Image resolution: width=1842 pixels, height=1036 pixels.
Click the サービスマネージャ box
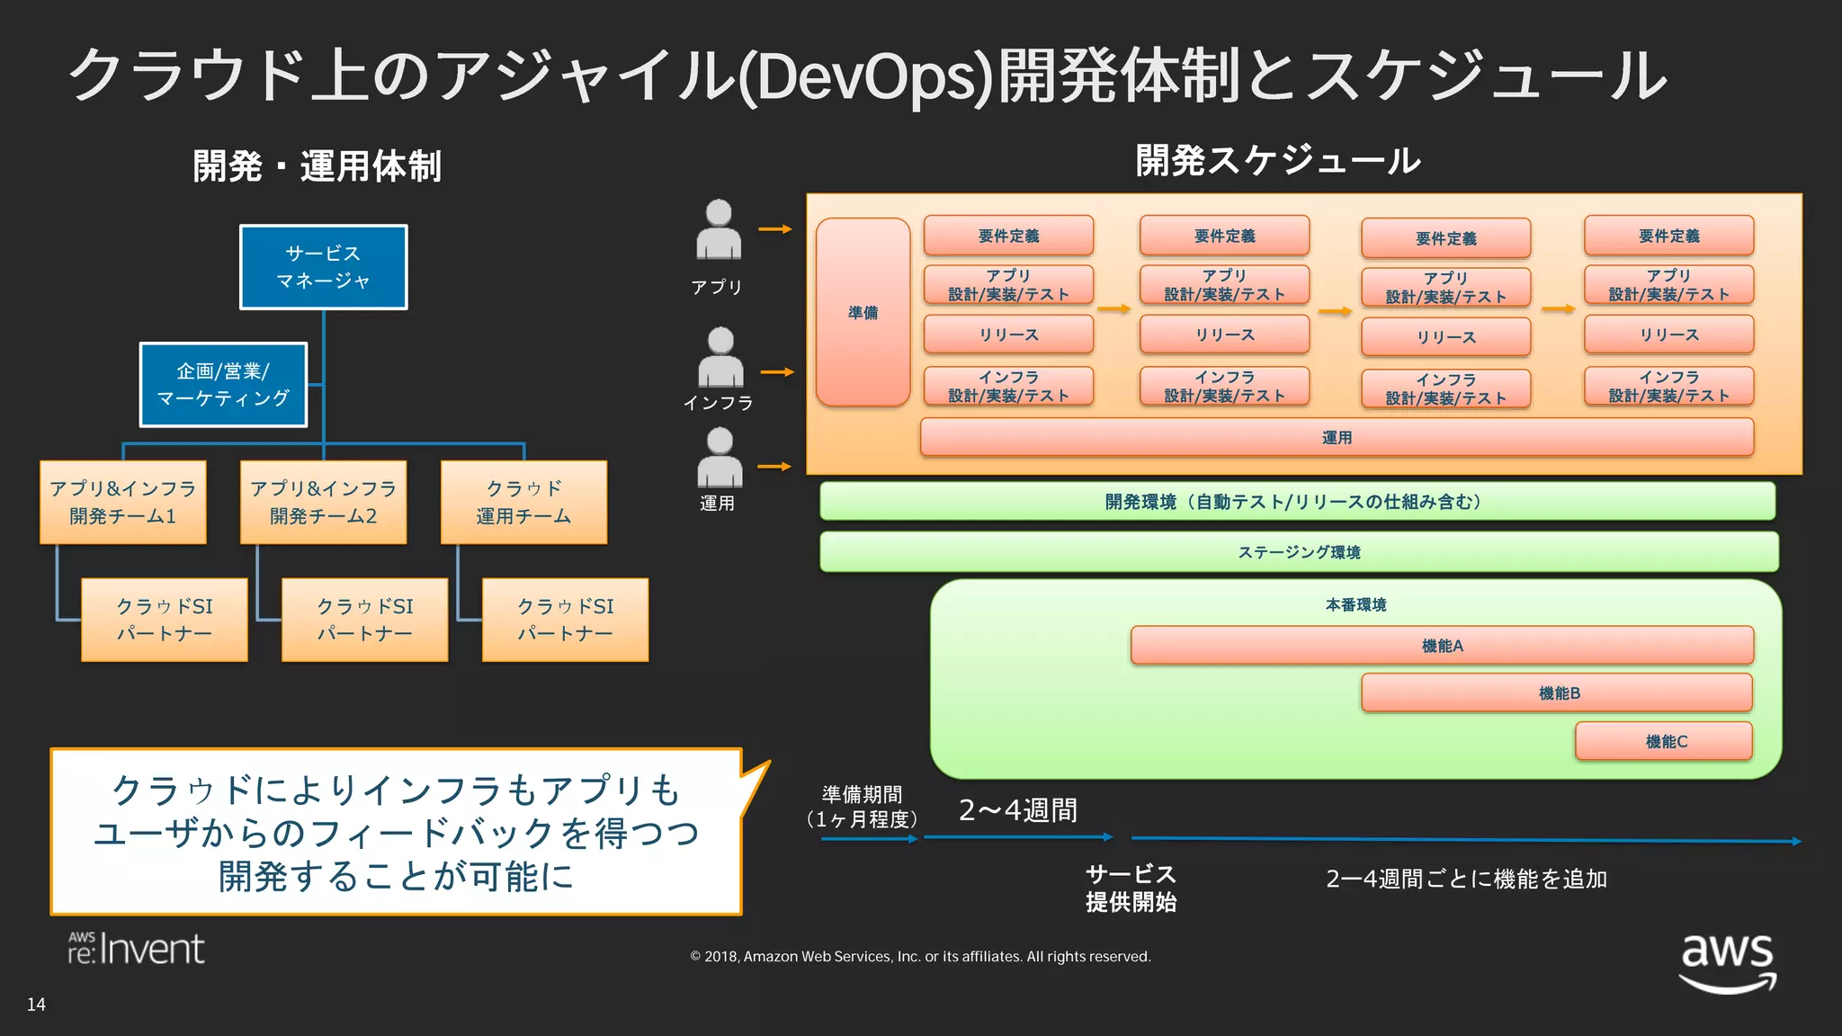click(x=323, y=267)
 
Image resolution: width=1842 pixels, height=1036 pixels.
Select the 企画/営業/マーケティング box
click(x=223, y=384)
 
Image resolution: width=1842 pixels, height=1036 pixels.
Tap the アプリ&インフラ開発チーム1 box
click(x=123, y=502)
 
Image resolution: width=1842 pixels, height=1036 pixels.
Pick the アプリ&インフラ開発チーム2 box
click(x=323, y=502)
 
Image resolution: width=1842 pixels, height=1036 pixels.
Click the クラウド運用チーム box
click(x=523, y=502)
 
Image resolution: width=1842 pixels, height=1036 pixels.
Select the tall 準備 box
click(x=863, y=312)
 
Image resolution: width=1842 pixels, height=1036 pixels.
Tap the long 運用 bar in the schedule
click(x=1337, y=437)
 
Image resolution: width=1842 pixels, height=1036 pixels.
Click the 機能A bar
click(x=1442, y=645)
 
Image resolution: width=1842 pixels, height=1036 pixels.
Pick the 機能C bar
click(x=1664, y=741)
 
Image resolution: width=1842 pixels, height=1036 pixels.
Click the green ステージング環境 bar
click(x=1299, y=551)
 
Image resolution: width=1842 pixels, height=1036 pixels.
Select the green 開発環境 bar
click(x=1297, y=501)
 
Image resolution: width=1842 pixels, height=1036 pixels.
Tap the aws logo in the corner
click(x=1727, y=961)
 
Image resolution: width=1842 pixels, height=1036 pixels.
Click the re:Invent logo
click(x=137, y=949)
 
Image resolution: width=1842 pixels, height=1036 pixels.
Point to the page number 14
click(x=36, y=1005)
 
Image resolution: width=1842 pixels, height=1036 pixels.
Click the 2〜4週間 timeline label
click(x=1017, y=810)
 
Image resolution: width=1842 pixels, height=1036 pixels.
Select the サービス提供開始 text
click(x=1131, y=888)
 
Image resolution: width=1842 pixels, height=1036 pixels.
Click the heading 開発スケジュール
click(x=1277, y=161)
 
